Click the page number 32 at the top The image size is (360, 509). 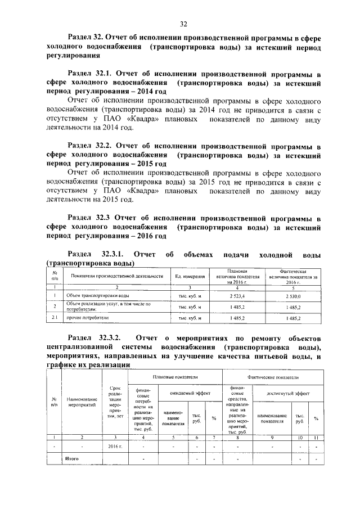(183, 24)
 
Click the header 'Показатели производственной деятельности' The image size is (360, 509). (117, 277)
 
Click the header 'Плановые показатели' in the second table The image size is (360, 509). (176, 376)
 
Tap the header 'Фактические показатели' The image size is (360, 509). (273, 376)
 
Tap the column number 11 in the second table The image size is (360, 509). (316, 437)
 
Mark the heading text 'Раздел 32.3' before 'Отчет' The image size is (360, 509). (88, 217)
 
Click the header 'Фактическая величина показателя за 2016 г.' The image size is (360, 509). (293, 277)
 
